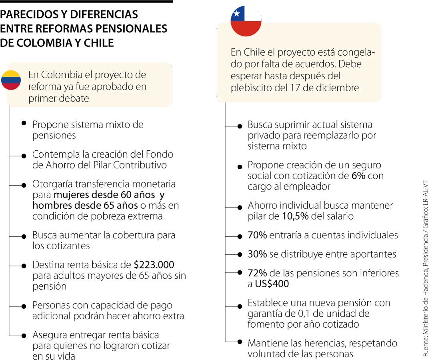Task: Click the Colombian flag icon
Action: pos(11,80)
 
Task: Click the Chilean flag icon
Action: pos(246,21)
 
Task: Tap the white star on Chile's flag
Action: pos(236,14)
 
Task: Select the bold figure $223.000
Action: pos(154,265)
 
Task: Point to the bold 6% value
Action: pos(358,176)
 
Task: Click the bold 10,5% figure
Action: pos(295,216)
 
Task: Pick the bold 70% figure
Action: pos(257,235)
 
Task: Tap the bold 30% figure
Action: pos(257,254)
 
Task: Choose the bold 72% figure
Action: pos(257,273)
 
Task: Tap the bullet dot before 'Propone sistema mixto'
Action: pos(24,124)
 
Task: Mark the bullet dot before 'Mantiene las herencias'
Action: pos(240,342)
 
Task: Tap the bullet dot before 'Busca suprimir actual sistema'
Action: pos(240,126)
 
